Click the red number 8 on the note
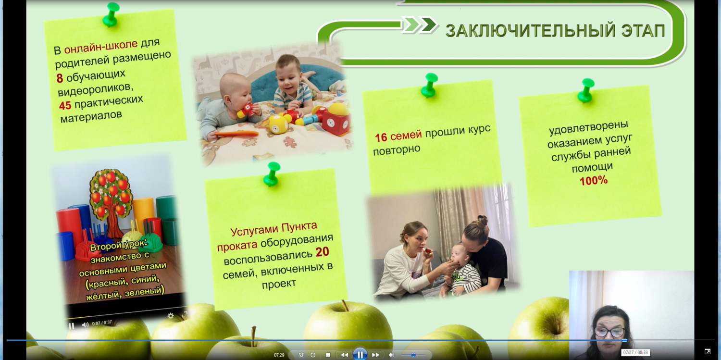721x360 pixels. point(60,78)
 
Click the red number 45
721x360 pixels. point(65,106)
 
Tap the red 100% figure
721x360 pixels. point(594,181)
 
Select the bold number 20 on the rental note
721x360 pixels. point(322,252)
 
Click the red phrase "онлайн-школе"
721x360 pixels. point(101,47)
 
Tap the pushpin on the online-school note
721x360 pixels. point(111,14)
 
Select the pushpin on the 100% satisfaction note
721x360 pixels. point(586,90)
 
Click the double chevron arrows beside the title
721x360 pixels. point(420,25)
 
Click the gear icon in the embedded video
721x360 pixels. point(171,316)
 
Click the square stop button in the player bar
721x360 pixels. point(328,355)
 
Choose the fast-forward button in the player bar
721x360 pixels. point(375,355)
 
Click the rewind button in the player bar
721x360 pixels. point(345,355)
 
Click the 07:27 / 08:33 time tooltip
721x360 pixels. point(635,352)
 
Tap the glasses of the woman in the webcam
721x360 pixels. point(610,331)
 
